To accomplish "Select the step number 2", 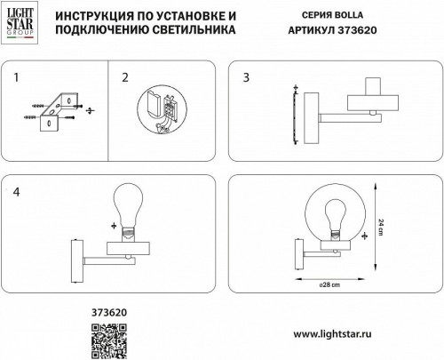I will pos(125,79).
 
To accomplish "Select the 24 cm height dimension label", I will pos(383,227).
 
